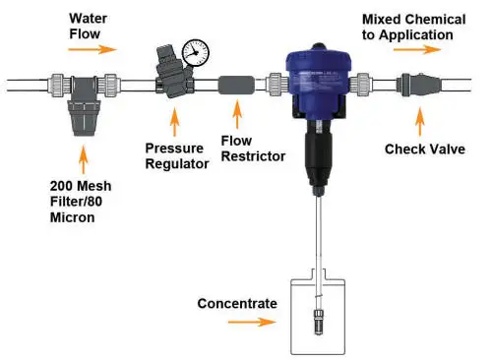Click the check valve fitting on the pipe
[418, 85]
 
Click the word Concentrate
[237, 304]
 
